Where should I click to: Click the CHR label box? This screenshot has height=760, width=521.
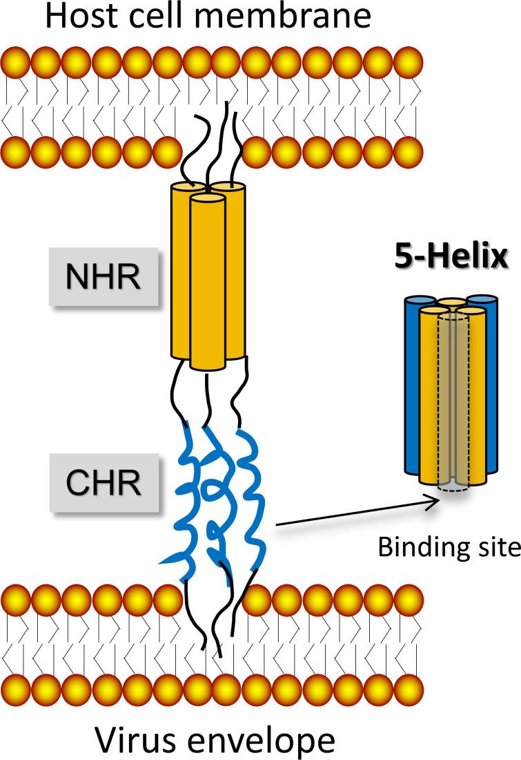click(x=103, y=484)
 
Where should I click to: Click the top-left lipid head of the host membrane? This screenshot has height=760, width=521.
click(x=14, y=63)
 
